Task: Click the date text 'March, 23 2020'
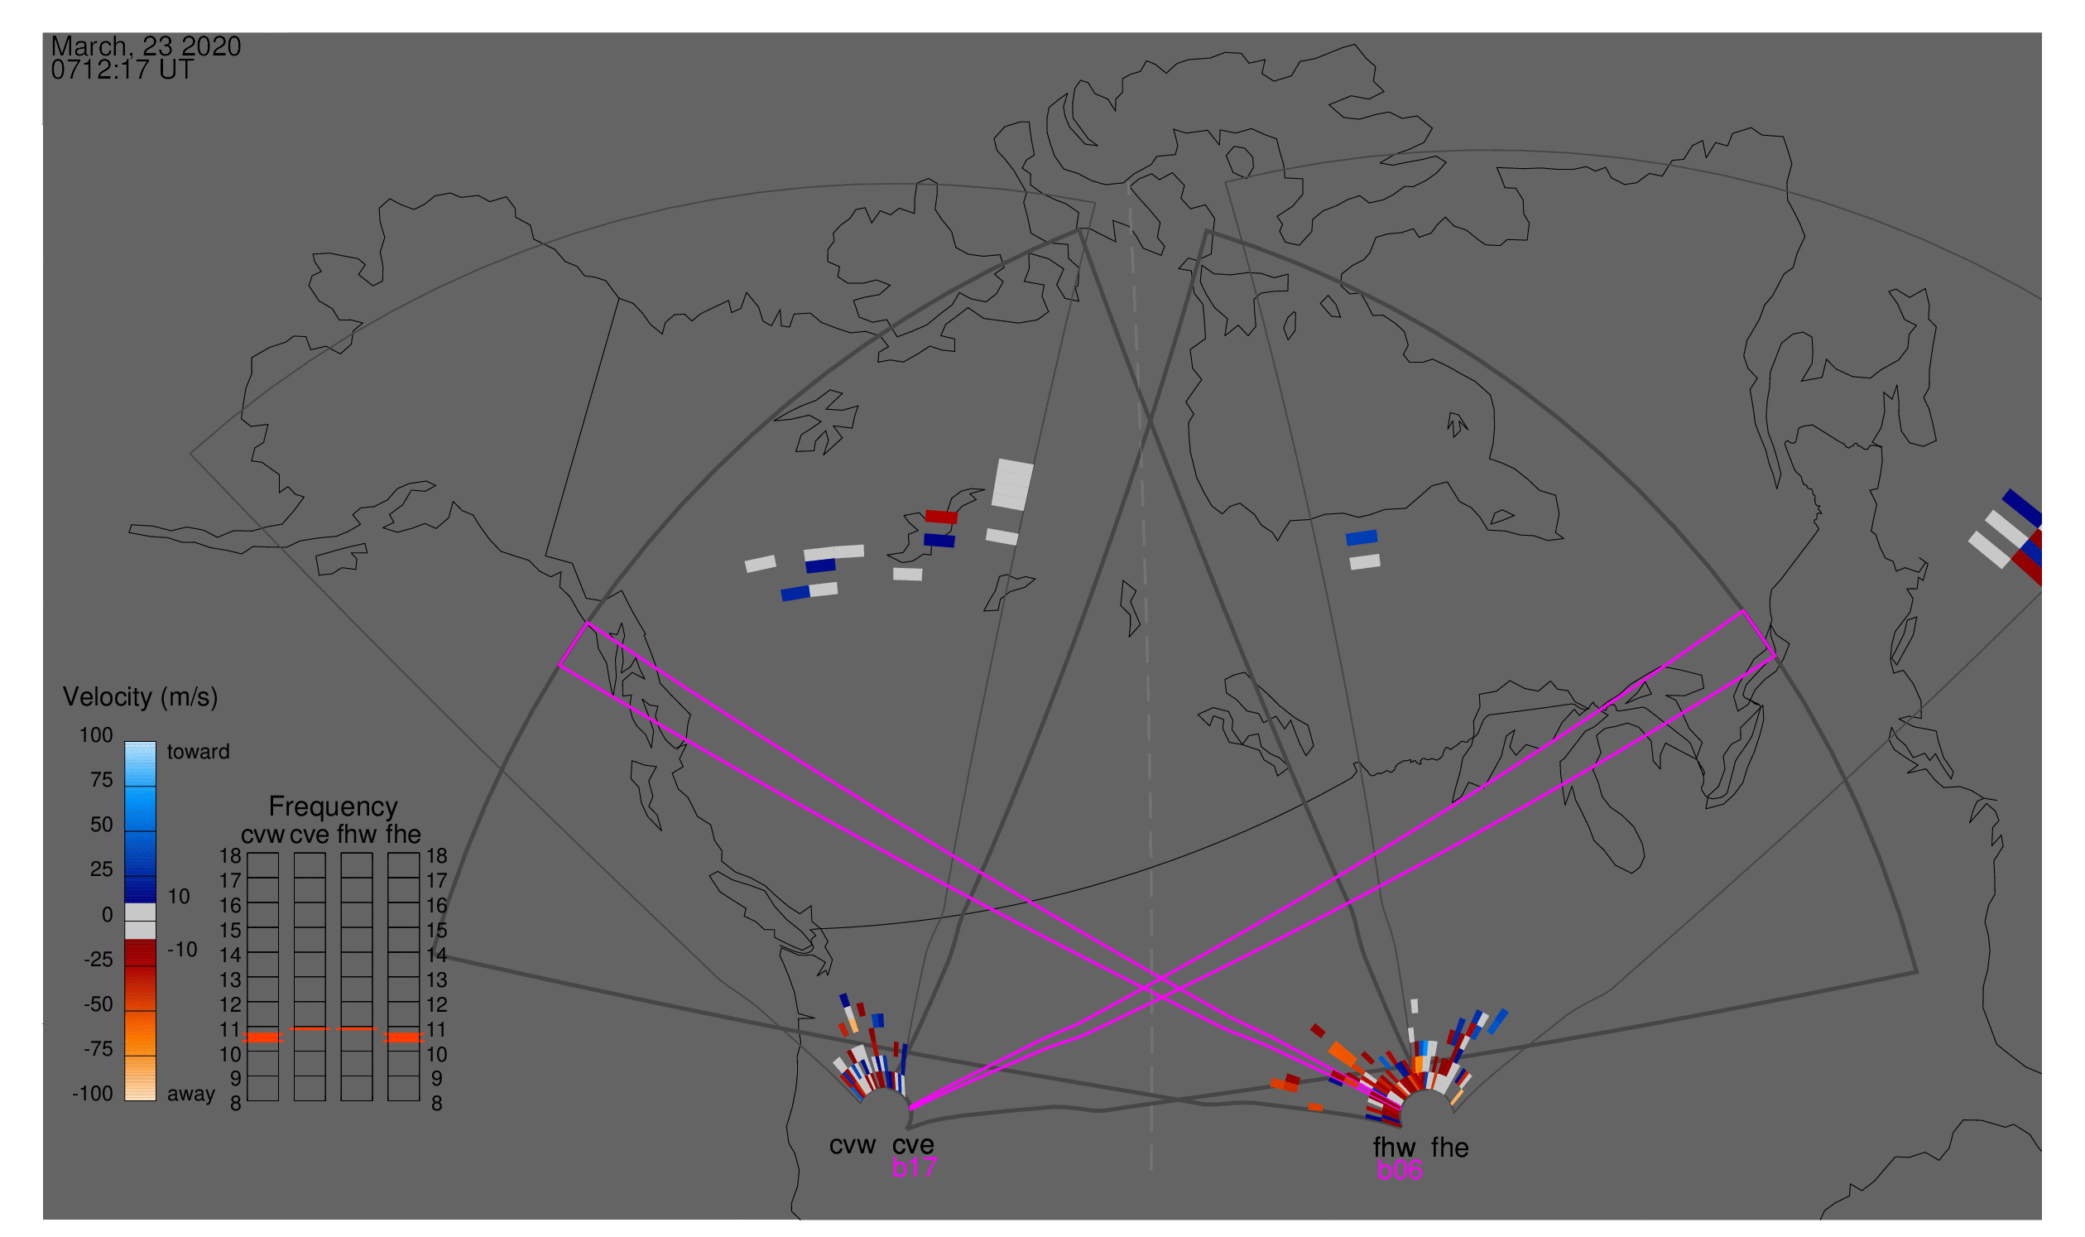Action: (x=146, y=46)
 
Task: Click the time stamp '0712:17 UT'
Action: (x=122, y=70)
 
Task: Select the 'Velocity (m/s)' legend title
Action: (x=140, y=697)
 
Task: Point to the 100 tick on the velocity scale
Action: (x=96, y=735)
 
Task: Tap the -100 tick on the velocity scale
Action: (x=92, y=1094)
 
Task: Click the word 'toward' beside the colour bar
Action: (x=199, y=752)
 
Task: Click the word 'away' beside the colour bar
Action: (x=191, y=1094)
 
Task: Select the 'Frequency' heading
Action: (x=333, y=806)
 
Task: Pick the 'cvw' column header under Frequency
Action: (x=262, y=835)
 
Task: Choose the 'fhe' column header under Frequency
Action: (x=402, y=835)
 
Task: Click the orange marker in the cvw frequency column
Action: (x=262, y=1037)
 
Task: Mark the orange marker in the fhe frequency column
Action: (x=403, y=1037)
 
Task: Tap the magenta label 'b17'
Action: (x=914, y=1167)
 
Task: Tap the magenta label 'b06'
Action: (x=1399, y=1170)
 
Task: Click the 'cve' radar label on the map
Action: (x=912, y=1145)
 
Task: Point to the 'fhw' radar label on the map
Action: (x=1394, y=1148)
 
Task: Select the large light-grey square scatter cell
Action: (x=1011, y=484)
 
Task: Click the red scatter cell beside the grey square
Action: (x=941, y=517)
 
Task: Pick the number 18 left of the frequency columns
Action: (x=230, y=856)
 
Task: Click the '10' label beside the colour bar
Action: (x=178, y=897)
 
